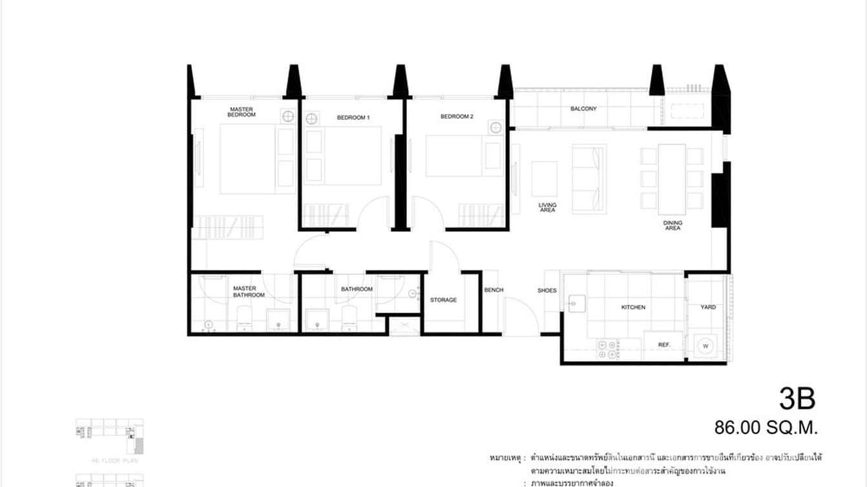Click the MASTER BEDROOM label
coord(241,112)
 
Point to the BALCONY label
coord(583,109)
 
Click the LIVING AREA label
coord(547,207)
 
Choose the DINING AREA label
coord(672,225)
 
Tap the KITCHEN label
coord(633,307)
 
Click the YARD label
coord(708,307)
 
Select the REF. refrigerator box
coord(663,346)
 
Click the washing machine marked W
coord(705,346)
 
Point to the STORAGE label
coord(443,300)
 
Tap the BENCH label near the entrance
coord(494,291)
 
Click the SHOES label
coord(547,291)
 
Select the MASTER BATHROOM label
coord(249,292)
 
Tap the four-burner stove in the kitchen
coord(607,349)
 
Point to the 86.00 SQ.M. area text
coord(766,427)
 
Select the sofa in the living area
coord(589,178)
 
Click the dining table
coord(672,179)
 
